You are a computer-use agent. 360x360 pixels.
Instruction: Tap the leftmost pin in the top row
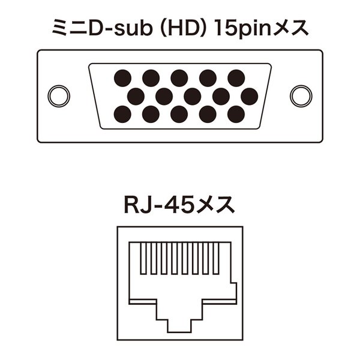[122, 78]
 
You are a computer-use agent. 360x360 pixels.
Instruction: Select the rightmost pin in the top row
[236, 78]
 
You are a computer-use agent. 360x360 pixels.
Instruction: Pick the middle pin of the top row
[179, 78]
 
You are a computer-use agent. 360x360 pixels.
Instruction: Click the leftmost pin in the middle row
[136, 96]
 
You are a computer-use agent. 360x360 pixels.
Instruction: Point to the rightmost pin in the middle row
[250, 96]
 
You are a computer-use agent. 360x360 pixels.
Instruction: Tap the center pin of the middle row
[193, 96]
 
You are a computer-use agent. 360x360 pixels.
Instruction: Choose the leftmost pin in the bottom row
[122, 114]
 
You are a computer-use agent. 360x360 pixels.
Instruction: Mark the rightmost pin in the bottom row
[236, 114]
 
